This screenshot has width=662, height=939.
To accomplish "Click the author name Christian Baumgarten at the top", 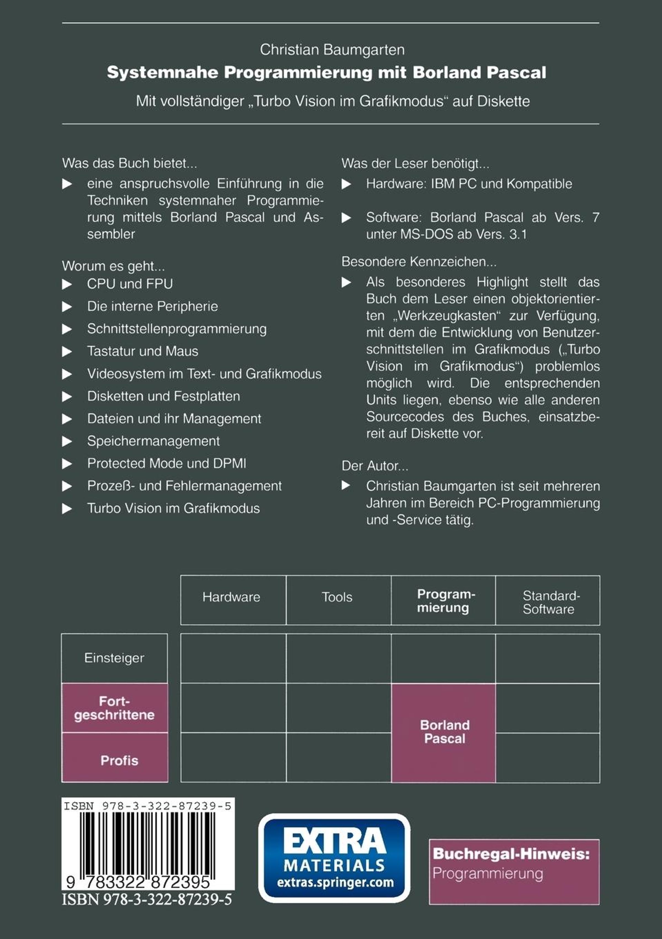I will click(x=332, y=50).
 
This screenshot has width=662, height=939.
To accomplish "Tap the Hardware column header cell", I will click(x=231, y=597).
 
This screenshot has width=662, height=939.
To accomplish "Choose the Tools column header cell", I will click(x=337, y=597).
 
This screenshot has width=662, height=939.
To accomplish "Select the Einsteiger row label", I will click(x=114, y=658).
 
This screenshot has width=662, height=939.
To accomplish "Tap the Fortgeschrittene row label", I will click(x=114, y=708).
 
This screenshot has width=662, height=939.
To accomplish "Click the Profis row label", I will click(x=119, y=761).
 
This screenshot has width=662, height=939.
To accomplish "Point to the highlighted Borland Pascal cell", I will click(x=444, y=732).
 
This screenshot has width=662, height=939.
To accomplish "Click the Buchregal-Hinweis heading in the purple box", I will click(x=511, y=854).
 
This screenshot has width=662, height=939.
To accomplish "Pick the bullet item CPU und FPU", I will click(x=130, y=284).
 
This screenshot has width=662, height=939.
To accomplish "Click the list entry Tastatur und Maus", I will click(x=142, y=351).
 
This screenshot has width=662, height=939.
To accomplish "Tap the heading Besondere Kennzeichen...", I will click(x=419, y=262).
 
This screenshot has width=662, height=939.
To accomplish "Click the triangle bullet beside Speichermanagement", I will click(x=67, y=441).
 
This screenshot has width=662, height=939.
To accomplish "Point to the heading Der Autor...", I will click(x=375, y=466).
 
